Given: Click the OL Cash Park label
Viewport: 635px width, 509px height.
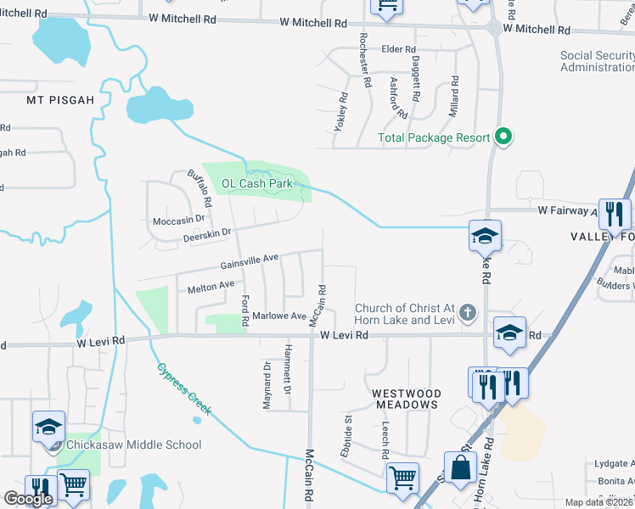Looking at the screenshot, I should (x=256, y=183).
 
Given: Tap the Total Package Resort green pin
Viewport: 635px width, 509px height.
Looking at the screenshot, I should (x=503, y=137).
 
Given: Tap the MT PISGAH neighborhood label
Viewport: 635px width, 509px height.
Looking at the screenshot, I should (x=59, y=99).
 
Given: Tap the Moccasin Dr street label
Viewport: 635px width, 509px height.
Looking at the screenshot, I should (x=178, y=218).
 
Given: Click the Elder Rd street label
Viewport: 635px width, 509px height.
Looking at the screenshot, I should (x=398, y=49).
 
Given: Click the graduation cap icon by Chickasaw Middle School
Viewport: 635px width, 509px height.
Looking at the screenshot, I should (x=49, y=427).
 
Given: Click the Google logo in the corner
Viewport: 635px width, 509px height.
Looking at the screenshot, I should (x=28, y=499).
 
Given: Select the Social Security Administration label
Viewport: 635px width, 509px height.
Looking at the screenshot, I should (x=596, y=61).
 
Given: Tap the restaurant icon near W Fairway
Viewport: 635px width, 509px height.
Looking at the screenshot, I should (x=615, y=215).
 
